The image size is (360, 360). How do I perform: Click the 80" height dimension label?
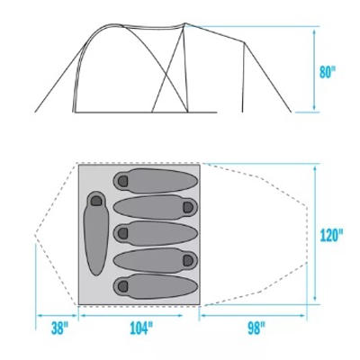click(x=327, y=72)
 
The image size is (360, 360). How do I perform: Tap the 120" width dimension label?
click(x=331, y=235)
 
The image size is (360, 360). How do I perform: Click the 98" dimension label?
click(x=256, y=328)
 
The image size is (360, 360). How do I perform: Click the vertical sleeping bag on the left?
click(x=96, y=233)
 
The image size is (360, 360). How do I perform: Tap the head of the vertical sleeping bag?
click(x=96, y=200)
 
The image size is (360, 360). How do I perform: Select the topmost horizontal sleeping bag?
click(x=156, y=181)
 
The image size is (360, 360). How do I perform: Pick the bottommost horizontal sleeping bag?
click(x=156, y=286)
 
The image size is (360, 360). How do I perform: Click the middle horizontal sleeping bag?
click(x=156, y=233)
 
